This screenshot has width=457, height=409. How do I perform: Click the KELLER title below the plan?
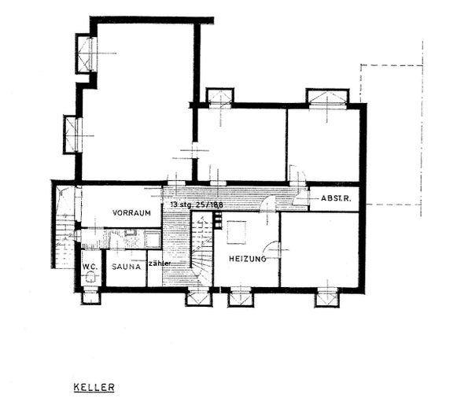[94, 387]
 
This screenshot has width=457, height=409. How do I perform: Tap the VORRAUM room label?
[131, 213]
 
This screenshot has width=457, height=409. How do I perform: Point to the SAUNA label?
[126, 266]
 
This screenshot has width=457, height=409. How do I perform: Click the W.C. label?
[90, 266]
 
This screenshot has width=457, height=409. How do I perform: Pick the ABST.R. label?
[336, 199]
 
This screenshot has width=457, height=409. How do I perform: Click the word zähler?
[159, 263]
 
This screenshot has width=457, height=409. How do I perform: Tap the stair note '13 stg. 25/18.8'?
[195, 204]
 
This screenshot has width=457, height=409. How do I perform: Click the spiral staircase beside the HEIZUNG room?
[203, 252]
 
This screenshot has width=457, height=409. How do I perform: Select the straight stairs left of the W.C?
[63, 240]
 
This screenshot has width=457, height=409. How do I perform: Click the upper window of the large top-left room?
[85, 53]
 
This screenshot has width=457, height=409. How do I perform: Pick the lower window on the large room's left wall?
[73, 133]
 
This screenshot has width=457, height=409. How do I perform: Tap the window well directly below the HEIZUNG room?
[239, 297]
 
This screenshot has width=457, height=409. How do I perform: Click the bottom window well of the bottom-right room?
[326, 297]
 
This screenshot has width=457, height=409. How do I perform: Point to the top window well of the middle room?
[219, 96]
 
